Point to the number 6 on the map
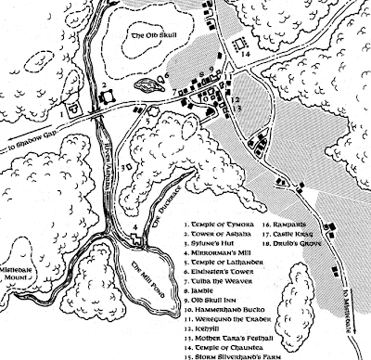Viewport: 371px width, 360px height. [x=167, y=70]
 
